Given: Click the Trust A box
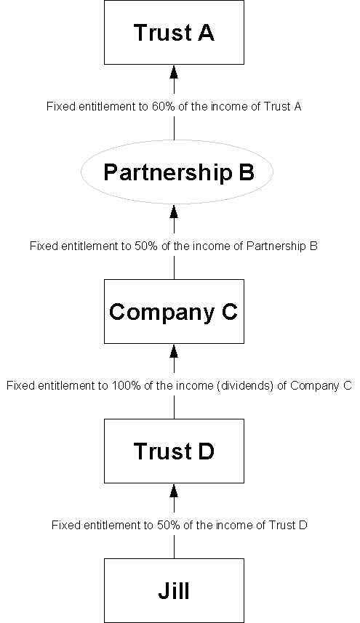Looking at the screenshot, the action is click(x=174, y=32).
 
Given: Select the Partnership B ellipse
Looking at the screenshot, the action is click(x=177, y=172).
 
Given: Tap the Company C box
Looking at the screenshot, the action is click(x=174, y=311).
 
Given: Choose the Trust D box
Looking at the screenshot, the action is click(x=174, y=451).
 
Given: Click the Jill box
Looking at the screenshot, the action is click(x=174, y=590).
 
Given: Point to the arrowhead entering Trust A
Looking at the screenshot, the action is click(x=174, y=71).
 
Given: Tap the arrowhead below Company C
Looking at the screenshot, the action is click(x=174, y=351).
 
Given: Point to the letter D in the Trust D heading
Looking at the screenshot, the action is click(x=205, y=451).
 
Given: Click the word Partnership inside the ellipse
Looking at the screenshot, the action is click(x=167, y=173).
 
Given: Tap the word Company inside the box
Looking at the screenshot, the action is click(x=162, y=313).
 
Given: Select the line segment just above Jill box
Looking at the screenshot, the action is click(x=174, y=547).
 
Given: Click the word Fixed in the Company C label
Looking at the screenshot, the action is click(x=17, y=386).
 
